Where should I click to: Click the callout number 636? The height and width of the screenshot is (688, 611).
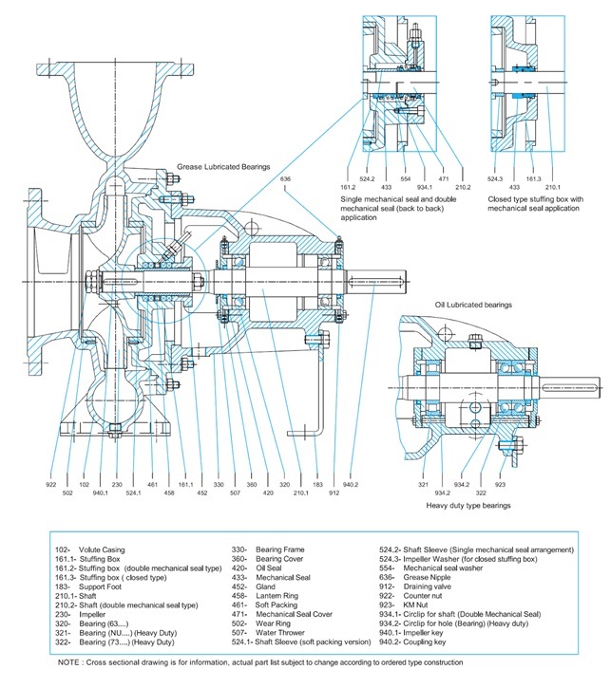coord(285,179)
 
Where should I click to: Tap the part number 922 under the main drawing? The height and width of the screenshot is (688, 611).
coord(51,484)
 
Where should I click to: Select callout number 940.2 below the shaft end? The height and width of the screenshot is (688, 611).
coord(351,484)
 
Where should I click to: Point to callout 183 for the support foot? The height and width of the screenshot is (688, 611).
coord(317,484)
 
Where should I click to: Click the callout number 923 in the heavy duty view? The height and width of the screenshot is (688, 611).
coord(500,484)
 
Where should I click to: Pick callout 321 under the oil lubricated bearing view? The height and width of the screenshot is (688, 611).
coord(423,484)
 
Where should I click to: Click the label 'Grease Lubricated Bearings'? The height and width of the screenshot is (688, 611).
coord(223,167)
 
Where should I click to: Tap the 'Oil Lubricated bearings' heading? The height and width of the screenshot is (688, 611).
coord(473,305)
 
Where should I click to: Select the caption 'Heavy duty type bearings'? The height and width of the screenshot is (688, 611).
coord(468,506)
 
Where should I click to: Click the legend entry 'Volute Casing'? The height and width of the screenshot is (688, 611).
coord(102,549)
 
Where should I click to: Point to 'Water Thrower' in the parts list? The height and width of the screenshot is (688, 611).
coord(279,633)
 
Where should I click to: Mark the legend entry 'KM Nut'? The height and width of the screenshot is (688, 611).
coord(415,605)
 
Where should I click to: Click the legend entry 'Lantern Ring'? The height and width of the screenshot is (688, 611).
coord(277,596)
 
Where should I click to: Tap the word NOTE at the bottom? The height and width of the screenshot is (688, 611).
coord(68,662)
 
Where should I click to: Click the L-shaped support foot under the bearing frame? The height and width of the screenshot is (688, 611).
coord(317,381)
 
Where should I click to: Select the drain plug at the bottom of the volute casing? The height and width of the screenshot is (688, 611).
coord(115,431)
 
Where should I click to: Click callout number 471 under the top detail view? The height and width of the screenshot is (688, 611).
coord(444,179)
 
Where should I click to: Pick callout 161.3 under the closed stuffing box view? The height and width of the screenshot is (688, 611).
coord(534,179)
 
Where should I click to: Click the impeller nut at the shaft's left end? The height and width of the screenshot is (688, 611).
coord(90,281)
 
